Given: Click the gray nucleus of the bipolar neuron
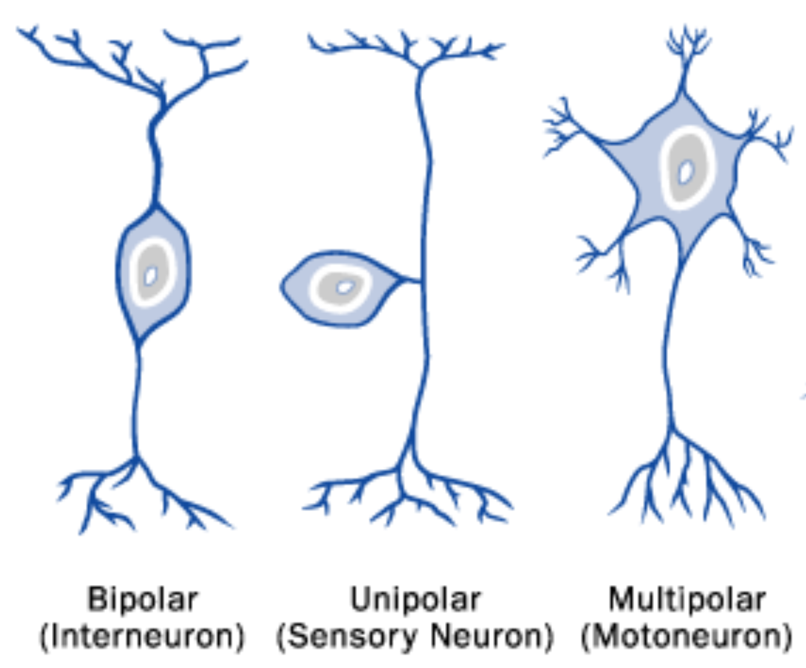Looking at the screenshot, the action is [x=153, y=271].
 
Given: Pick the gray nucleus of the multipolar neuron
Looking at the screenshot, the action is [x=687, y=167].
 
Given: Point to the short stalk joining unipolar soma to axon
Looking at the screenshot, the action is [x=412, y=279].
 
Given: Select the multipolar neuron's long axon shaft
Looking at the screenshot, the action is [x=668, y=343].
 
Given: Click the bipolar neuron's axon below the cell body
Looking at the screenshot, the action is [x=136, y=401].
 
